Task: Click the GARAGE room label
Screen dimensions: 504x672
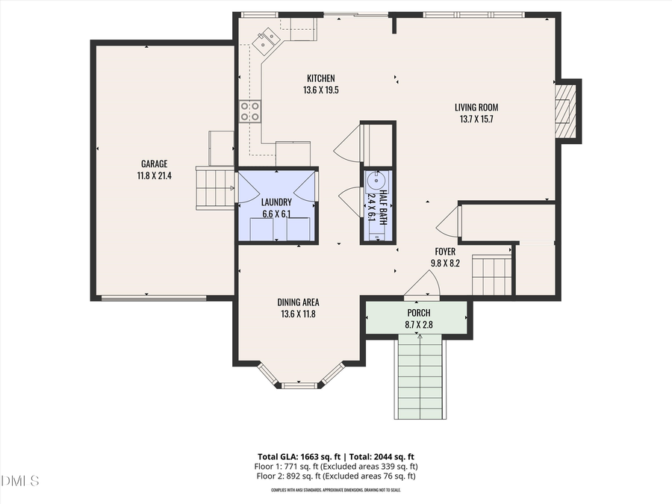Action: pos(155,164)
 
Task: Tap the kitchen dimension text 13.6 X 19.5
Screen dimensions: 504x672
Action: pos(321,90)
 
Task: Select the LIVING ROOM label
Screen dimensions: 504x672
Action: pos(476,108)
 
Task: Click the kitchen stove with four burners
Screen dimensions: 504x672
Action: pos(250,112)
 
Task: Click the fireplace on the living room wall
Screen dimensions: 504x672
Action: pos(567,110)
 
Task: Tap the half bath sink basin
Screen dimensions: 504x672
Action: pos(376,180)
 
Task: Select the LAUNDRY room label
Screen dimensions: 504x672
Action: pos(276,202)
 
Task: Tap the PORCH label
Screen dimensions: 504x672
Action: pos(418,313)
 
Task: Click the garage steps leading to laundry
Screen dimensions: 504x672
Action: pos(216,187)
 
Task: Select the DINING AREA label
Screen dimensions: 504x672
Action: pos(298,302)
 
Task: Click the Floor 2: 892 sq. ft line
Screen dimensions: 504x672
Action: pos(335,476)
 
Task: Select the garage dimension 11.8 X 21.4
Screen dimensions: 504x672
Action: pos(155,176)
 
